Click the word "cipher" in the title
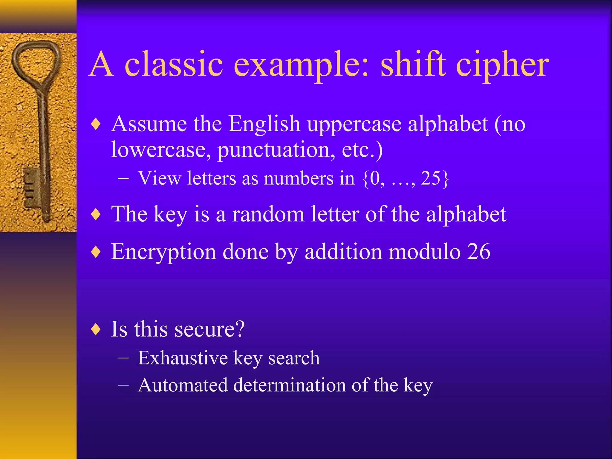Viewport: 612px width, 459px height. tap(503, 65)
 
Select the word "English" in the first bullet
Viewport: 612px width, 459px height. tap(264, 124)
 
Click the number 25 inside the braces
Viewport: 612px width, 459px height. tap(431, 178)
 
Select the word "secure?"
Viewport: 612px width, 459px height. tap(209, 329)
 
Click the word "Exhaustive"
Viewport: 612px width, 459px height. tap(183, 358)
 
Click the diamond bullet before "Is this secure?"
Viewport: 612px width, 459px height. tap(96, 330)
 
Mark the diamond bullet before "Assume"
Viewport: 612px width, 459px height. tap(96, 124)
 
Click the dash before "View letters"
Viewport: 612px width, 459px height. tap(123, 179)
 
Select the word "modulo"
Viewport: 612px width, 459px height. tap(424, 252)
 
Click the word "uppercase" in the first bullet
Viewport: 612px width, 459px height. tap(354, 124)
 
